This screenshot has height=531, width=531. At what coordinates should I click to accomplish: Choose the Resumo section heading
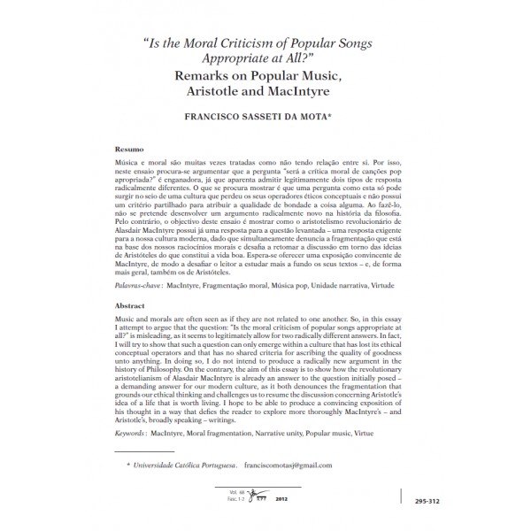pyautogui.click(x=132, y=151)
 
